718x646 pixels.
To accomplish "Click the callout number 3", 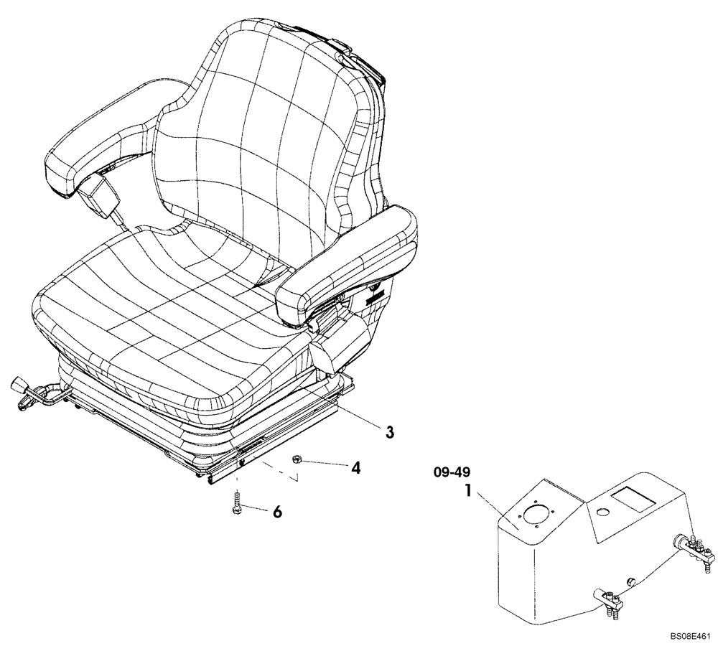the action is pos(389,431).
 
